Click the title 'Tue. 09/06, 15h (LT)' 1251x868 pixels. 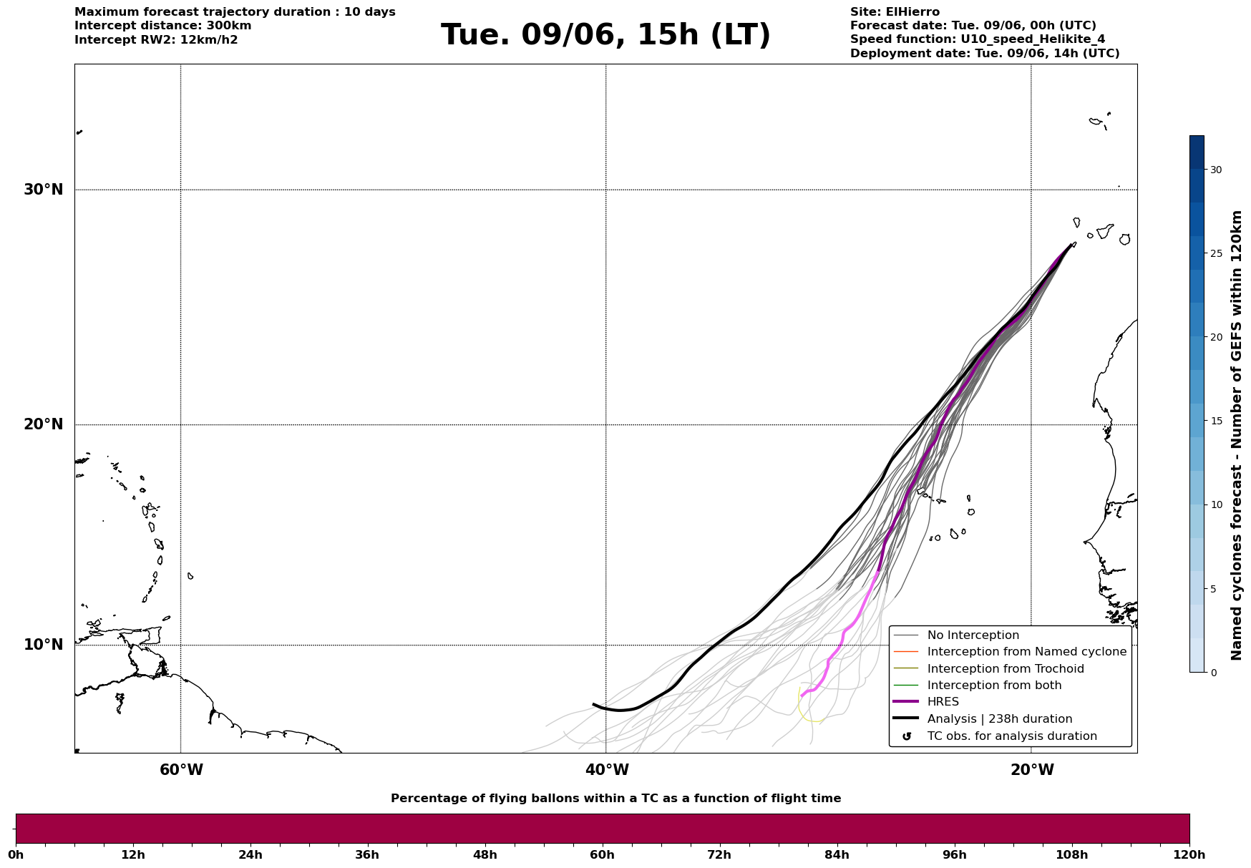605,35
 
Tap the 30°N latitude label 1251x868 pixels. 43,190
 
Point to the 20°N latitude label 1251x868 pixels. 43,424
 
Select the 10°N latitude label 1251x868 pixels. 43,645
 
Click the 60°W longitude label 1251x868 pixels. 181,770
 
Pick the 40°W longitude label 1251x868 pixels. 607,770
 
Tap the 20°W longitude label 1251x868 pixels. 1032,770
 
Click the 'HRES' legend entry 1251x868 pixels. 943,702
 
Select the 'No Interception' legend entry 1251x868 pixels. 973,635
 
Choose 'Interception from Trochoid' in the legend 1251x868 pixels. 1006,669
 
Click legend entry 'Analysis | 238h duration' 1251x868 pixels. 1000,719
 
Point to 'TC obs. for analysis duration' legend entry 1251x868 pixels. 1012,736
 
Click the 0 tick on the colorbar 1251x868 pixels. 1212,673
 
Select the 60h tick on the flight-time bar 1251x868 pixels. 602,855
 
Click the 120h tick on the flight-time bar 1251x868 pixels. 1189,855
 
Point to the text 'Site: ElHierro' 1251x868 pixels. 895,12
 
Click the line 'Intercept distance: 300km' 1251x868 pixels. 163,26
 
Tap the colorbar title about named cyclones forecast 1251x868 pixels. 1237,435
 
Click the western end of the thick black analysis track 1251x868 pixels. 593,704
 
